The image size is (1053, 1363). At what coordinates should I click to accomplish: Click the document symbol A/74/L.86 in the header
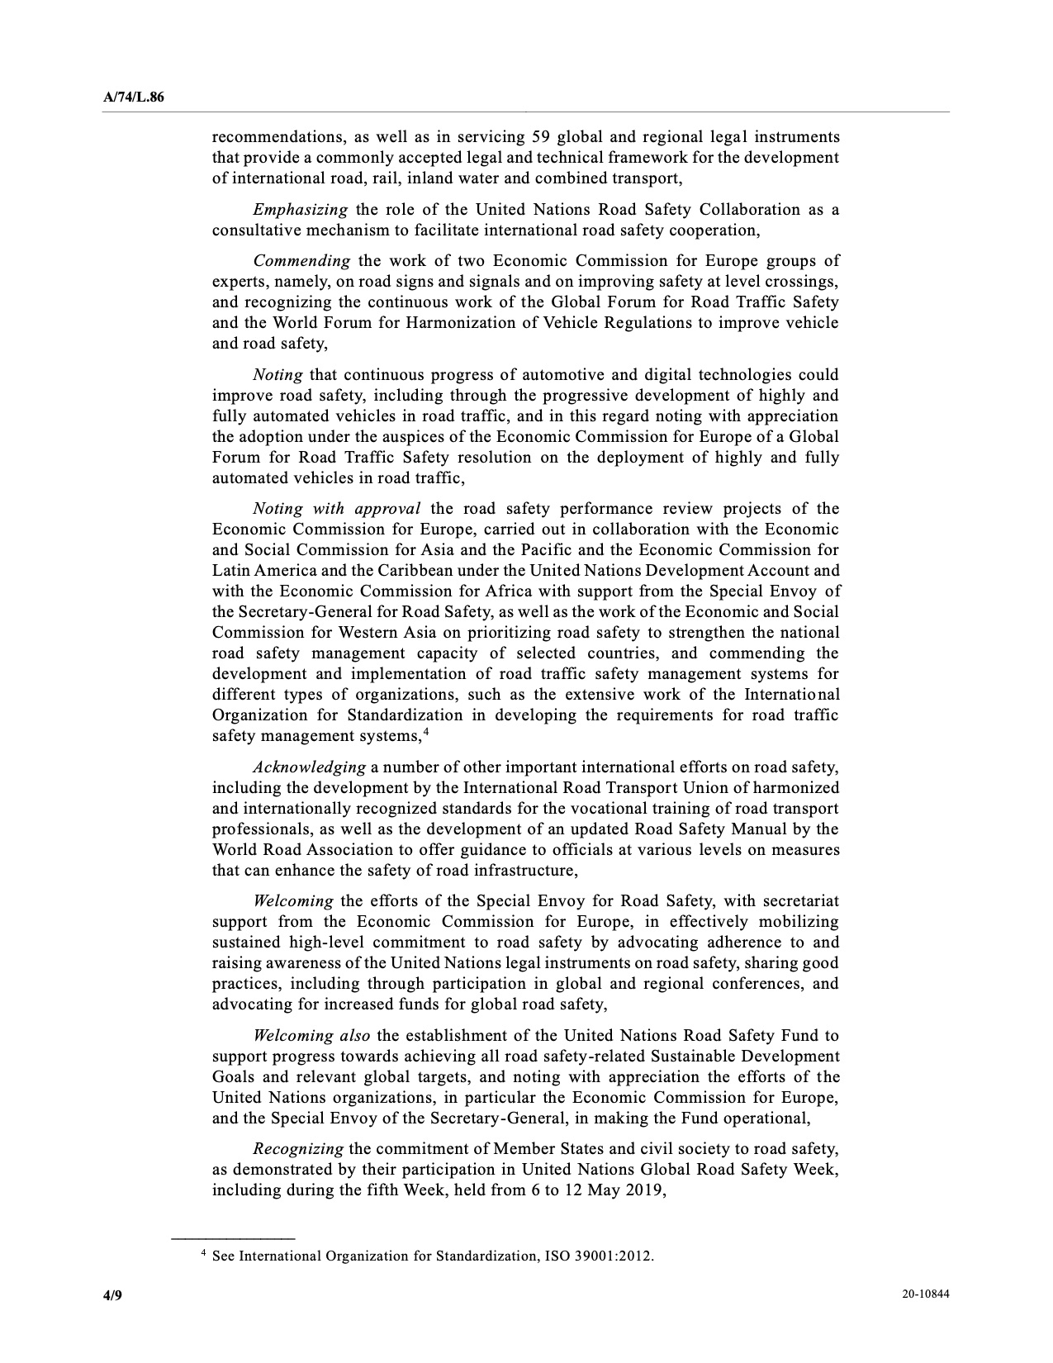[133, 97]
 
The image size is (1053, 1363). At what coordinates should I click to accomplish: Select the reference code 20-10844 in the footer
[926, 1295]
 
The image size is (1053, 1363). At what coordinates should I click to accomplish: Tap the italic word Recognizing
[298, 1149]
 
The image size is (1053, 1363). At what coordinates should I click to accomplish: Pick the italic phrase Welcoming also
[311, 1036]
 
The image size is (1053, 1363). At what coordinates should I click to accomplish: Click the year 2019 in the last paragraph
[646, 1190]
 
